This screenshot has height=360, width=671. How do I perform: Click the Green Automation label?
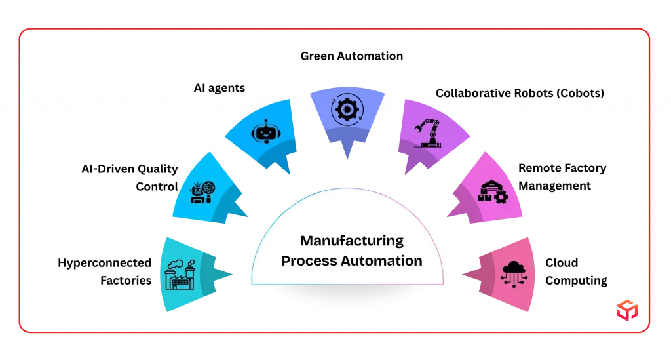point(352,56)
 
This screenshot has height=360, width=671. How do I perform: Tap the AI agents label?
point(220,88)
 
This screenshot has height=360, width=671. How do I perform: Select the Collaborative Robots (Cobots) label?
point(520,93)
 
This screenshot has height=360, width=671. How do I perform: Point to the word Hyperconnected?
point(104,263)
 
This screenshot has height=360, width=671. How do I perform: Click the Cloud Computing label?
point(576,271)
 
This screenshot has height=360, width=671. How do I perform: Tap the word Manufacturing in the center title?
point(352,241)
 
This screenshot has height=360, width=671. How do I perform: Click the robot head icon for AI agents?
point(266,131)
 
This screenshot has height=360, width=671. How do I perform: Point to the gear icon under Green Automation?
point(347,110)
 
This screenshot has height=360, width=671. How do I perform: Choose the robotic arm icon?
point(427,133)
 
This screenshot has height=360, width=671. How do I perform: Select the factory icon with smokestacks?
point(180,274)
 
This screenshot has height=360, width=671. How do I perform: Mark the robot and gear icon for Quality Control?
point(203,193)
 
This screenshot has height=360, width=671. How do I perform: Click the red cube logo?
point(627,310)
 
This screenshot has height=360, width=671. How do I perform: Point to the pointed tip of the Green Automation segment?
point(347,159)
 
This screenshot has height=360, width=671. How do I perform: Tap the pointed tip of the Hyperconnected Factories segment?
point(233,274)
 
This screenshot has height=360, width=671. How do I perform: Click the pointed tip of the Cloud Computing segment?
point(463,274)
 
